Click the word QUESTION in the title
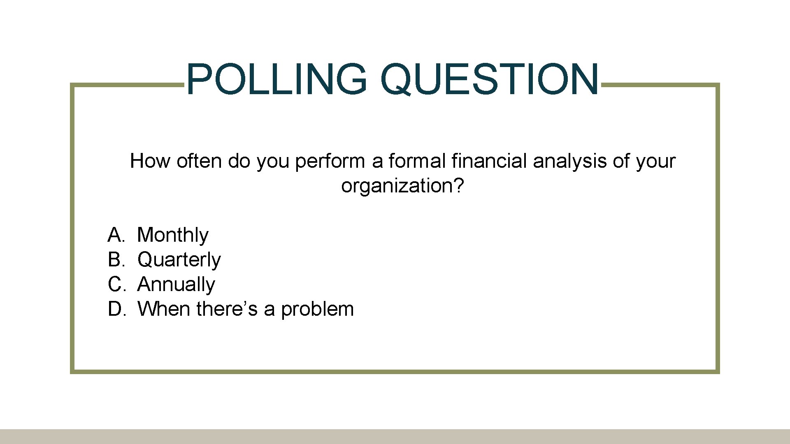click(490, 79)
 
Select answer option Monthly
click(172, 235)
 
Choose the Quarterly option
click(179, 260)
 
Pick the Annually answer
click(176, 284)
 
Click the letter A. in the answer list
click(116, 235)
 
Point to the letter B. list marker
click(116, 260)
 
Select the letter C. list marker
click(116, 284)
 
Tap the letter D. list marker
click(116, 309)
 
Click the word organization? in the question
click(402, 186)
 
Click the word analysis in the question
click(569, 161)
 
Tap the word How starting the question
click(150, 161)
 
